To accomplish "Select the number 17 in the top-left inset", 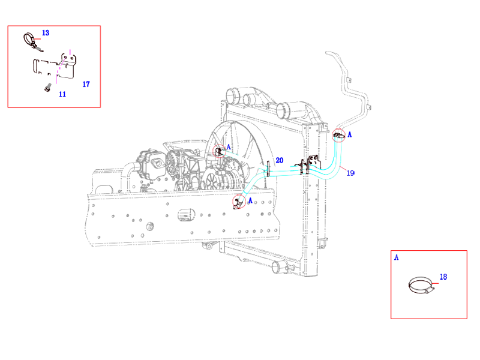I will click(x=86, y=85).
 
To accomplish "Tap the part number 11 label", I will click(x=62, y=94).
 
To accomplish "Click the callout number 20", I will click(x=279, y=160).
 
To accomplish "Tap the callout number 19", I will click(x=350, y=173).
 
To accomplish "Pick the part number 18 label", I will click(x=443, y=277).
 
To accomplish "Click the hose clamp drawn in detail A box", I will click(x=420, y=286).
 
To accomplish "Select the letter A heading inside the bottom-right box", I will click(x=396, y=258).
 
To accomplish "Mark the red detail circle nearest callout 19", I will click(x=339, y=136).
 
